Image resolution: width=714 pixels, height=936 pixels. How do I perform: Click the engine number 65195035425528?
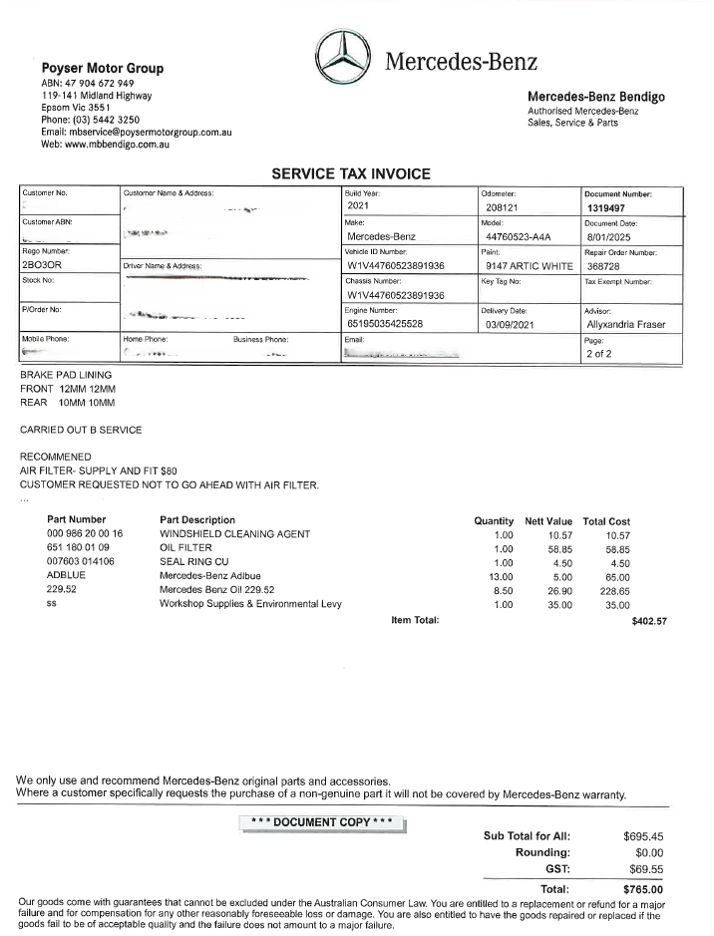click(398, 324)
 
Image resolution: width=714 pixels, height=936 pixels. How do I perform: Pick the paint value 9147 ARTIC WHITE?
click(529, 266)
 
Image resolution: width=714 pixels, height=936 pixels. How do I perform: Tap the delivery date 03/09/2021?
click(512, 324)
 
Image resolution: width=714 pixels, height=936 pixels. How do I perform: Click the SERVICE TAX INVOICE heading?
click(351, 173)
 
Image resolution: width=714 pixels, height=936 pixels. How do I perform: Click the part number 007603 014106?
click(81, 562)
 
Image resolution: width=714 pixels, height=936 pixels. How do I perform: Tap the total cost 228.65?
click(607, 590)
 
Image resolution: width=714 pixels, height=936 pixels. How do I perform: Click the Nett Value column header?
click(548, 520)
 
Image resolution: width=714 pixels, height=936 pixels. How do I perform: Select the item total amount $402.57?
click(649, 621)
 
